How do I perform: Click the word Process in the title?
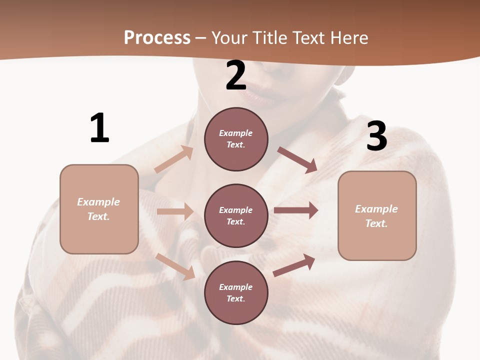point(157,38)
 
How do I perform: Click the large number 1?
point(99,128)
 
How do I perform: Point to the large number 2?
point(236,75)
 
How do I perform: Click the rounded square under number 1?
point(99,209)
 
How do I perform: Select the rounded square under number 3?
point(377,215)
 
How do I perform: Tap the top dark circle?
point(236,139)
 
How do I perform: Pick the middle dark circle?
point(236,215)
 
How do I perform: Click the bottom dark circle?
point(236,292)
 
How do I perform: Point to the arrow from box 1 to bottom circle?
point(175,266)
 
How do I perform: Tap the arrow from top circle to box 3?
point(297,159)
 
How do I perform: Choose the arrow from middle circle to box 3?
point(295,210)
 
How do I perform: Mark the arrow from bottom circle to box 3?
point(294,265)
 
